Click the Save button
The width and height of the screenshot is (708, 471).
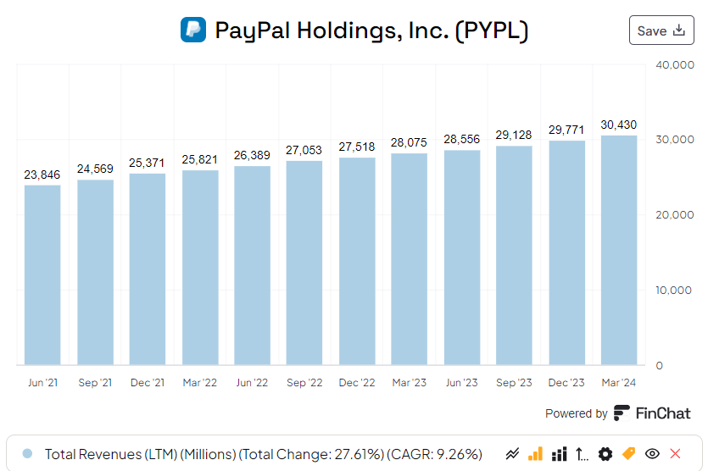(661, 30)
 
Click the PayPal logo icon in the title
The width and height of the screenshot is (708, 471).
(193, 30)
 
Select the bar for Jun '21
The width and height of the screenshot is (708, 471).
(42, 274)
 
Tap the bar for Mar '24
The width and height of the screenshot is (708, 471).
(618, 250)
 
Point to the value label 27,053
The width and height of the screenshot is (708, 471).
(304, 150)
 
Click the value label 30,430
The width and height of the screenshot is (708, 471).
(618, 125)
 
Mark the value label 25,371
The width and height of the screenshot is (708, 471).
(147, 163)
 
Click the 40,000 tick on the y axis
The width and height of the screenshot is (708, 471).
(676, 64)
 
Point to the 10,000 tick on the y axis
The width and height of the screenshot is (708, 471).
(676, 291)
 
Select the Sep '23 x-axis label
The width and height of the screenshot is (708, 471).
(514, 383)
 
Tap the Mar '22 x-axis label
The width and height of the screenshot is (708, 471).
(200, 383)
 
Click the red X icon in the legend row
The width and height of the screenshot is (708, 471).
(675, 454)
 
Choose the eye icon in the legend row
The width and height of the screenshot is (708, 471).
(652, 454)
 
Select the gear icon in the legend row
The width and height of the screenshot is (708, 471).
(605, 454)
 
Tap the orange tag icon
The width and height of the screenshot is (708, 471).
(628, 454)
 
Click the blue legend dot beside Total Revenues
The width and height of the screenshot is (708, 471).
(27, 454)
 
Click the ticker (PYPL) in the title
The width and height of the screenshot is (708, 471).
(492, 30)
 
